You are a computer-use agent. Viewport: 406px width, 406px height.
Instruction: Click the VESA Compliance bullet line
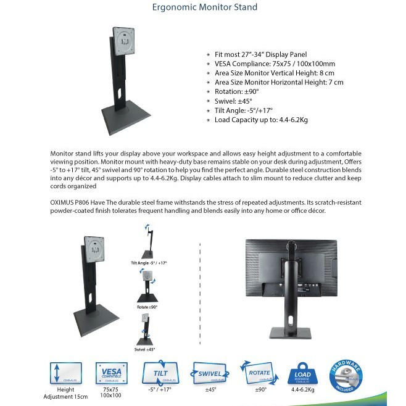[x=275, y=63]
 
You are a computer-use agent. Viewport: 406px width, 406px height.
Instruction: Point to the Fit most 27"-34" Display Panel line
[x=265, y=54]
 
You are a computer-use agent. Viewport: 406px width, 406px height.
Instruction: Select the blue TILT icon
[x=159, y=372]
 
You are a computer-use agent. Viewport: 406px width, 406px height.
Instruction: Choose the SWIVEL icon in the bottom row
[x=210, y=372]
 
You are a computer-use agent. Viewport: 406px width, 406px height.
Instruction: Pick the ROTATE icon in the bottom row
[x=260, y=372]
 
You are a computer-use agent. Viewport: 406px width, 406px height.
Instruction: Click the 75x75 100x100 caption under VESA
[x=112, y=393]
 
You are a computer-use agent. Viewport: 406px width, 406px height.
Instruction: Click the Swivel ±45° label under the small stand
[x=144, y=349]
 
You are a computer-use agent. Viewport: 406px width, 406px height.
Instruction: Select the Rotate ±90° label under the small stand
[x=147, y=306]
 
